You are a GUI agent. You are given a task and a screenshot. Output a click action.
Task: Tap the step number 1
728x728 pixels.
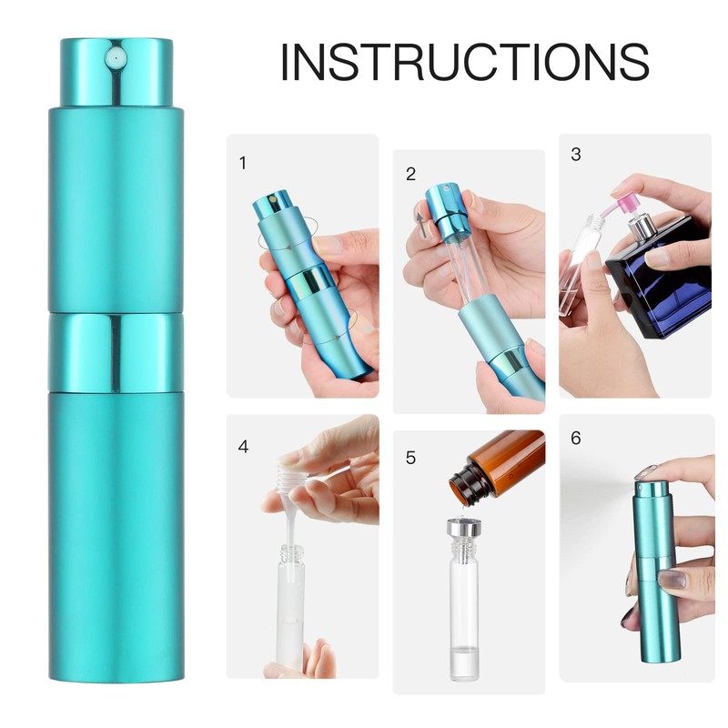[242, 163]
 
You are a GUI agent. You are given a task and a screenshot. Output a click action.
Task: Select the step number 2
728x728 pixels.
[411, 174]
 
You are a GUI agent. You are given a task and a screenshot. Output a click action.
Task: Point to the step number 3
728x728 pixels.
[575, 154]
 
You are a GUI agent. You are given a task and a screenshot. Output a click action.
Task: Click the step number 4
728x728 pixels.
[243, 447]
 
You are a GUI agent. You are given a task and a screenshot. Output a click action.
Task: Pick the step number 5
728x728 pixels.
[410, 457]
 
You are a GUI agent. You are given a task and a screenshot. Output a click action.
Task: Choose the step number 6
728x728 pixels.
[575, 438]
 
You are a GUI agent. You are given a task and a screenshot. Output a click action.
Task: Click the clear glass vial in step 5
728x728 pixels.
[464, 610]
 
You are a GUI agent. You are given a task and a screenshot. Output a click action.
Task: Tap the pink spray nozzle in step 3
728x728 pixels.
[628, 196]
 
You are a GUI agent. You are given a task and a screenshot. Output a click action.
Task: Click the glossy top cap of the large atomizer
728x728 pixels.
[116, 73]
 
